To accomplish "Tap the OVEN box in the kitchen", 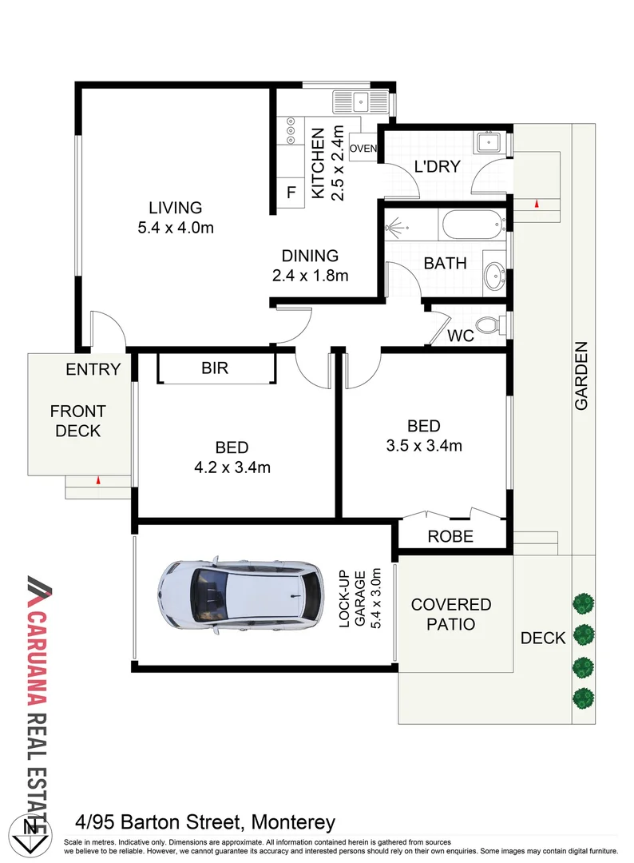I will click(x=363, y=149).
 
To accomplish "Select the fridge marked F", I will click(x=291, y=193).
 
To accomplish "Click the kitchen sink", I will click(x=362, y=101).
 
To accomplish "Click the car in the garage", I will click(x=240, y=592).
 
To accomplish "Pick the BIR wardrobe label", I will click(x=215, y=368).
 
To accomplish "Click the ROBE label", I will click(x=451, y=536).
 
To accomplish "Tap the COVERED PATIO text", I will click(x=451, y=614).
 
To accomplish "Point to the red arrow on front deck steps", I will click(x=97, y=481).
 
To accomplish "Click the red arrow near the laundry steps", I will click(x=537, y=205).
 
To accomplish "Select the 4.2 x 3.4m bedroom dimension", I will click(x=232, y=467).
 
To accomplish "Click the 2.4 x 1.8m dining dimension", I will click(x=310, y=276).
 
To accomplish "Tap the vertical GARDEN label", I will click(x=581, y=376).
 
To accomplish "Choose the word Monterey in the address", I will click(x=293, y=821).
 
